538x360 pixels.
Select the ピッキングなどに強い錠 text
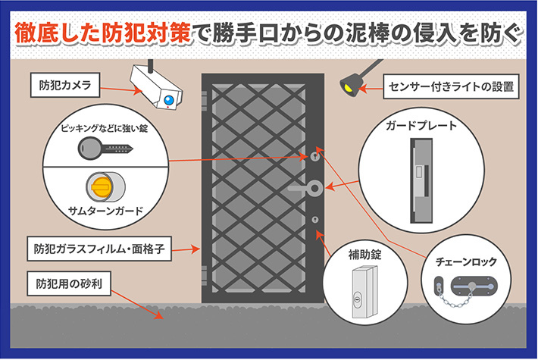104,129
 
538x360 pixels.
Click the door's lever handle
308,186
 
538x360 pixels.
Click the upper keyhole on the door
314,157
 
